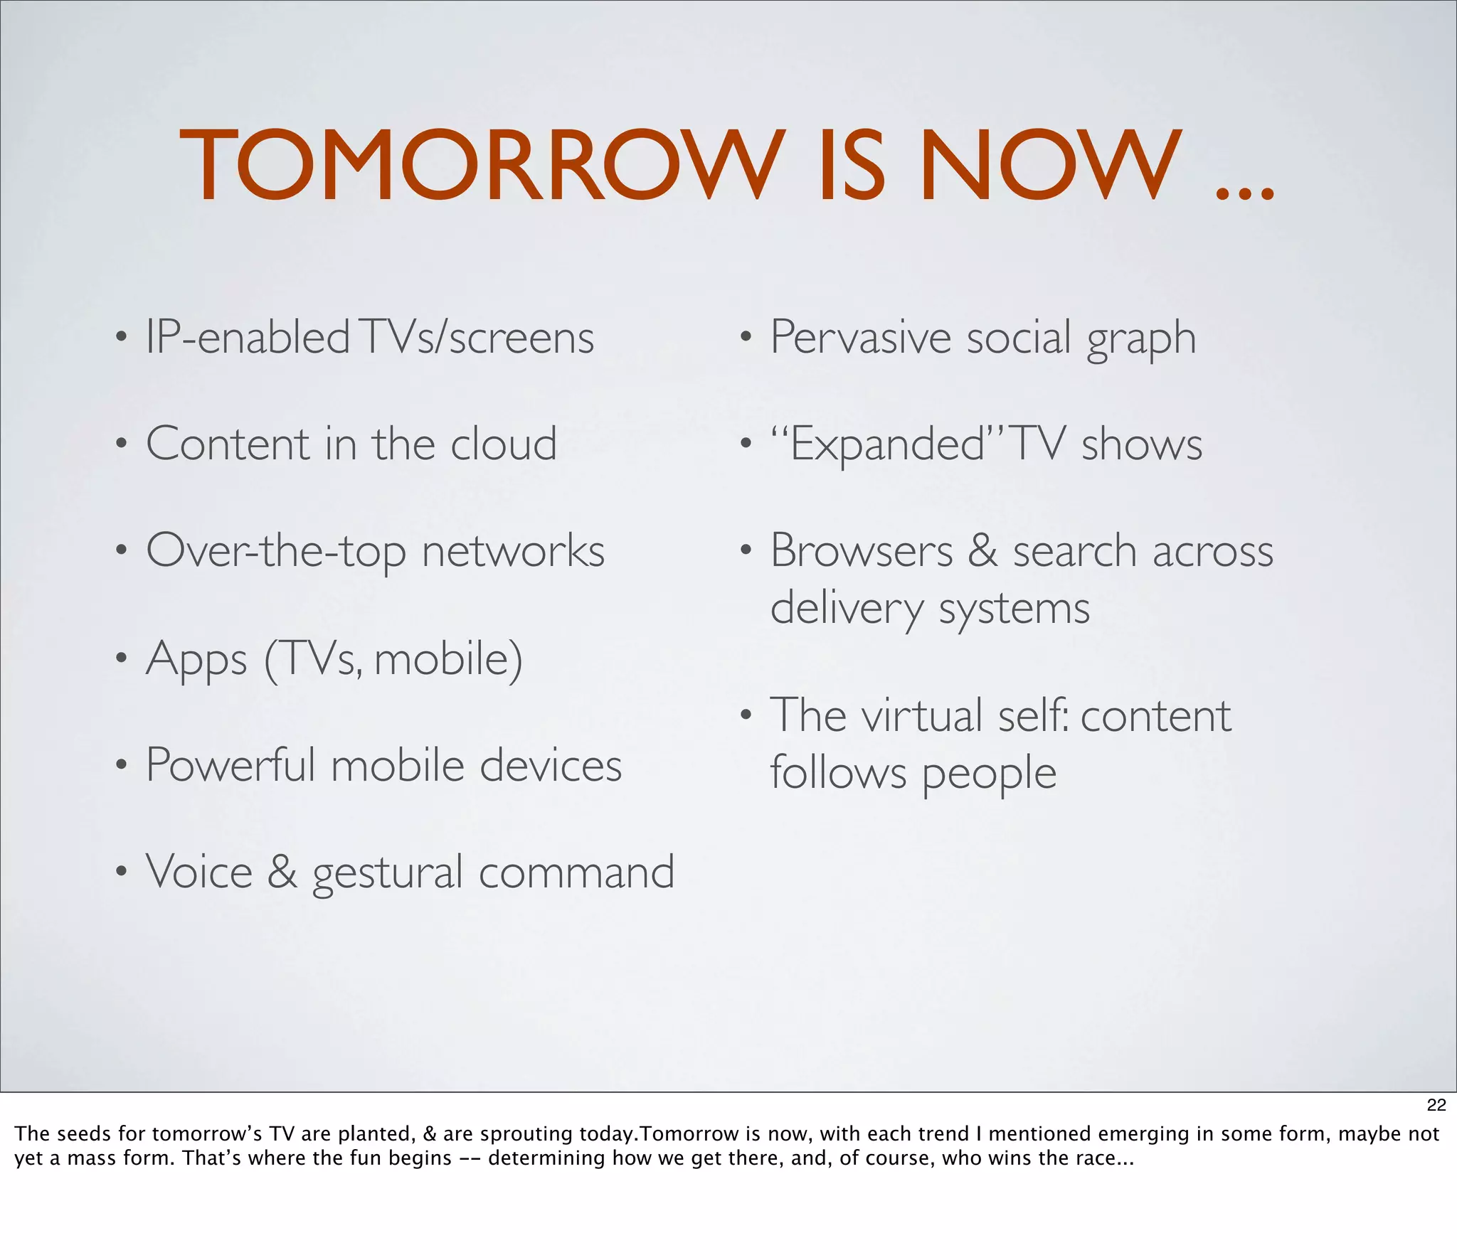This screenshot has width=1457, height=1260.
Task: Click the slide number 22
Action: (1436, 1104)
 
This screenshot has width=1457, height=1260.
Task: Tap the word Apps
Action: (196, 659)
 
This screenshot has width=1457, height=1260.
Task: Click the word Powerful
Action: (230, 765)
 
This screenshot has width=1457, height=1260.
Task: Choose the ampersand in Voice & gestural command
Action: (282, 872)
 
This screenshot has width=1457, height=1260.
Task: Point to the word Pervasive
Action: (860, 337)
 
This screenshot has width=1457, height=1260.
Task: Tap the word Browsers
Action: (861, 551)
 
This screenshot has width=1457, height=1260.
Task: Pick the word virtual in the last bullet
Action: (923, 715)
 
